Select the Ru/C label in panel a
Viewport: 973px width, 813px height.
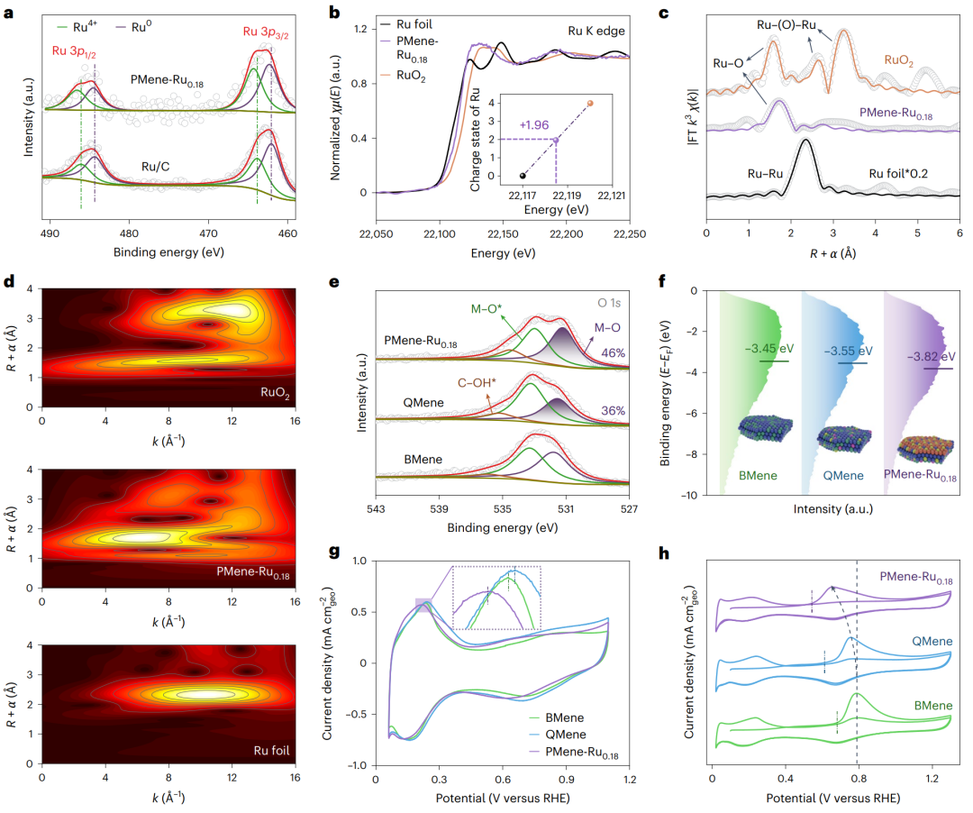pyautogui.click(x=158, y=167)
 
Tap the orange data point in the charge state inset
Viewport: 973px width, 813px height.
pyautogui.click(x=590, y=104)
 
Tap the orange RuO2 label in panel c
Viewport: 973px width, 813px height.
pyautogui.click(x=902, y=61)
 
